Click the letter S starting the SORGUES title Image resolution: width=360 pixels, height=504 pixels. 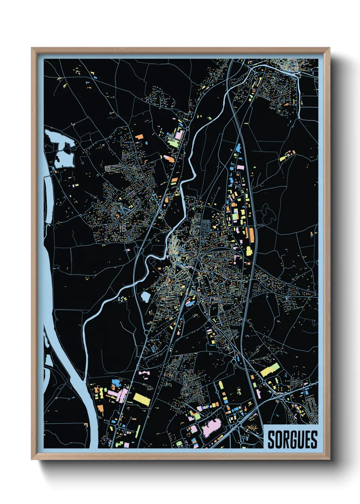(x=272, y=440)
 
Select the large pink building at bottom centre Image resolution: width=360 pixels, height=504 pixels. (x=212, y=427)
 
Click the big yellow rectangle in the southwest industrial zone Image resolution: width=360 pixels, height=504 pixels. (x=142, y=399)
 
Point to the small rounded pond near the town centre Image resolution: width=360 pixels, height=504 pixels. (x=145, y=297)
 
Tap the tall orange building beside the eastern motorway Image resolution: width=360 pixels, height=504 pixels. (x=251, y=235)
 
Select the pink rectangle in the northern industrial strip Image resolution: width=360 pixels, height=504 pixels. (x=241, y=168)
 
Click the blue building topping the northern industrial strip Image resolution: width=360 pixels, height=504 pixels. (x=238, y=148)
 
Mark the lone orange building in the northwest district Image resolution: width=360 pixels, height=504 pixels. (x=139, y=137)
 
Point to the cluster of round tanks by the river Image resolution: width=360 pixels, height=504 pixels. (x=121, y=299)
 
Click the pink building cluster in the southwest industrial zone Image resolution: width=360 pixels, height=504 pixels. (x=117, y=395)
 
